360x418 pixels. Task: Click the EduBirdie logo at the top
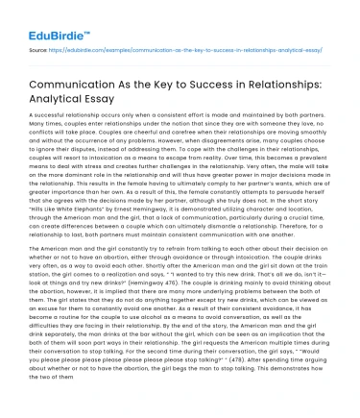[44, 16]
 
